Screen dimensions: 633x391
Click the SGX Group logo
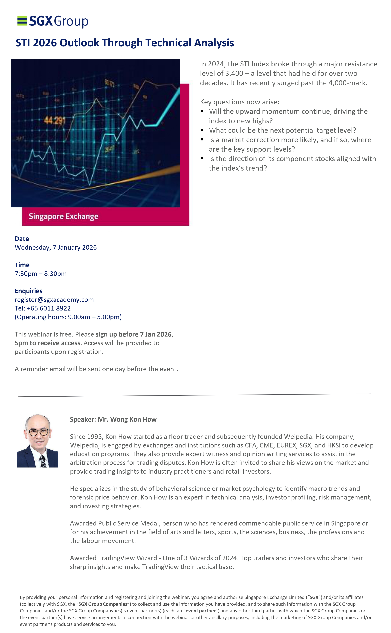point(53,21)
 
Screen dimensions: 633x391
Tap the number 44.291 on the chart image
point(55,120)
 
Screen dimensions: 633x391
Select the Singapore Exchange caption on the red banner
point(63,216)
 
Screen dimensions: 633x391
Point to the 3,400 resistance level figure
point(234,73)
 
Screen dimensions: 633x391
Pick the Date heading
point(22,239)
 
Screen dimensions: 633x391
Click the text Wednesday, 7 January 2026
point(56,247)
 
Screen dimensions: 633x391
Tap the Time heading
point(22,265)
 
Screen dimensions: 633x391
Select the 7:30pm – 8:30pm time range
point(41,274)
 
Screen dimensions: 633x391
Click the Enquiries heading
point(28,291)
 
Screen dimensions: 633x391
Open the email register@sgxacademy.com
point(54,300)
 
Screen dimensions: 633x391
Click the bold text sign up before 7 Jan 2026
point(134,334)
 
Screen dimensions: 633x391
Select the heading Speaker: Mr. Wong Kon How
point(113,419)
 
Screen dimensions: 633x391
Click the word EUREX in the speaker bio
point(286,445)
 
